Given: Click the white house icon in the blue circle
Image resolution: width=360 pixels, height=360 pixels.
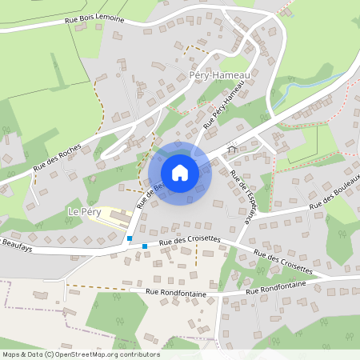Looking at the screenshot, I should [180, 172].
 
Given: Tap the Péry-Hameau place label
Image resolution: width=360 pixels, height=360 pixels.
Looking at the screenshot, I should [220, 74].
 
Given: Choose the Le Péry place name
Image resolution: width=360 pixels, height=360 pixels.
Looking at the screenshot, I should [82, 212].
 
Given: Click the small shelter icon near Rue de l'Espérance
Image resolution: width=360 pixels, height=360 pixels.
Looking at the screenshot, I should [233, 149].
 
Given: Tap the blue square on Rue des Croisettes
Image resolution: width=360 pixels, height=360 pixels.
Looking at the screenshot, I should [145, 246].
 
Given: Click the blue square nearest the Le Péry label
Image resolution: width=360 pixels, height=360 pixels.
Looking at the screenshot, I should [130, 238].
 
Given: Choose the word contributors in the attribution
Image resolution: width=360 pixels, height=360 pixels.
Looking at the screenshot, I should [138, 354].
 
